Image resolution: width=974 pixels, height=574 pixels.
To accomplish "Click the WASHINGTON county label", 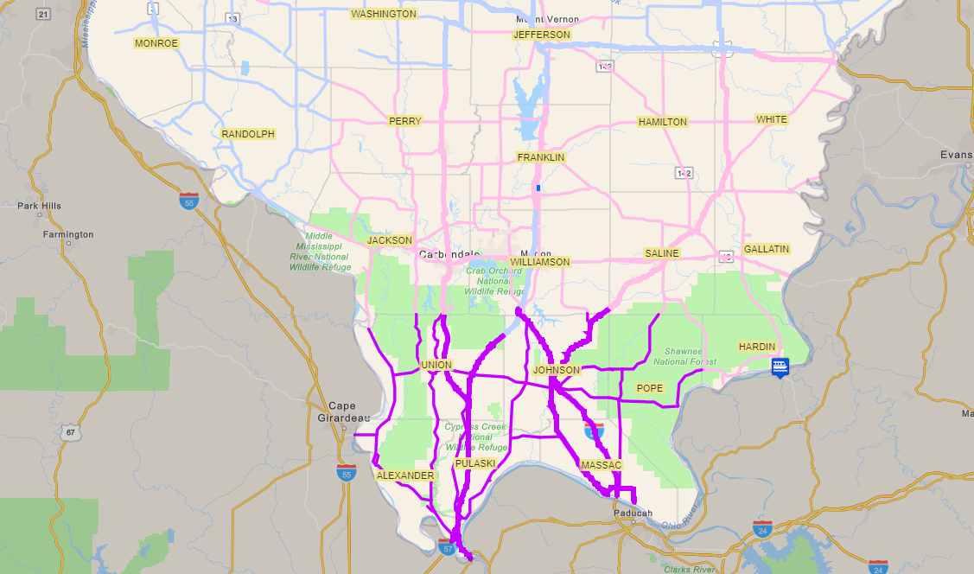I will (x=384, y=14).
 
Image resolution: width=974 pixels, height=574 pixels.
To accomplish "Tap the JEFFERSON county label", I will (x=542, y=35).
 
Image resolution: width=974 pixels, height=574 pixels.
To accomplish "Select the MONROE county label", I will (x=156, y=43).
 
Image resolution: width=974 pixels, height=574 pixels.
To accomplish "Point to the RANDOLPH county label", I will (x=248, y=134).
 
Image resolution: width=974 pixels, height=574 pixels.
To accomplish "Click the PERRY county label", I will (x=405, y=121).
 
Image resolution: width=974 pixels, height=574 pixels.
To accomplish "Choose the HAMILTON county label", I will (x=663, y=122).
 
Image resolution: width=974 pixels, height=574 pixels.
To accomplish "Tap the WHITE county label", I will (x=772, y=119).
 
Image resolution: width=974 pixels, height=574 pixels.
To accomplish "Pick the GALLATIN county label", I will (x=767, y=249).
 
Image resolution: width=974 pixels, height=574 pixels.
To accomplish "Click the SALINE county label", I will (x=662, y=253).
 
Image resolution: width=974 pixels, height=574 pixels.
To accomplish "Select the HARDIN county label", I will (x=757, y=347).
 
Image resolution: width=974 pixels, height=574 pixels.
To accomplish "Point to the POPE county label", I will (x=650, y=388).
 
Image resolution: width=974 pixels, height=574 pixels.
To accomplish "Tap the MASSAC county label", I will (x=602, y=465).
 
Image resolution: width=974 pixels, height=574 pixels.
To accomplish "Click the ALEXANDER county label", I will (x=405, y=475).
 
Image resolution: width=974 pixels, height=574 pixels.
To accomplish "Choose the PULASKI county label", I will (x=475, y=463).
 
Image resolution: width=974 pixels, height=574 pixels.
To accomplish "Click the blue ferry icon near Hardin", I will (x=780, y=367).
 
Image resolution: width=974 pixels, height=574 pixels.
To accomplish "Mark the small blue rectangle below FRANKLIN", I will (x=538, y=188).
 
